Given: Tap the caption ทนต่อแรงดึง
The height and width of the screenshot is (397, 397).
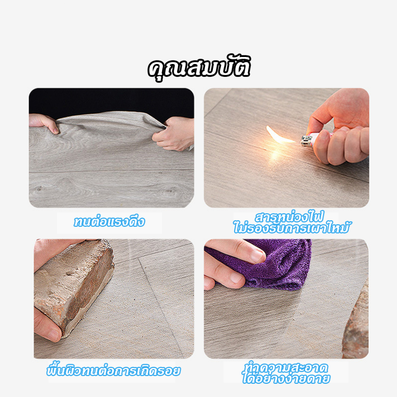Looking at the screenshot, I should tap(109, 222).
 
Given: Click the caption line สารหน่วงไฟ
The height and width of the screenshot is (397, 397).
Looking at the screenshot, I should tap(289, 216).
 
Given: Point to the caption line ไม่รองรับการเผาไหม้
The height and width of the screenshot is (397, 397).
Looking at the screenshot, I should tap(292, 228).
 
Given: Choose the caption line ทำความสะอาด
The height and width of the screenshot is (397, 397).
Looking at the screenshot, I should tap(287, 367).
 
